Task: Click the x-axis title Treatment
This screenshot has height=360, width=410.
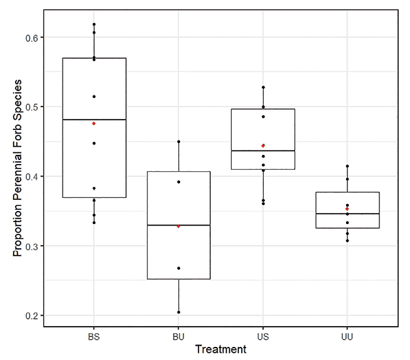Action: click(221, 350)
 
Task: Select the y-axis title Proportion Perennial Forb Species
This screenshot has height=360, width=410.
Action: click(18, 169)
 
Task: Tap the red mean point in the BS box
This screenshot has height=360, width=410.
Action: click(94, 123)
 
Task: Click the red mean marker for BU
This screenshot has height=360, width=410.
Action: click(178, 226)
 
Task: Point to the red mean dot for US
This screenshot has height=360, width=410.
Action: click(263, 146)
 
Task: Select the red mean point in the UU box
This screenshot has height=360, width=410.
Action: click(347, 209)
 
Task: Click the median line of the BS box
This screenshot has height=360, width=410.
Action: click(94, 120)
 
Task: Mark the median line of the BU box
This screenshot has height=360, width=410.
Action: click(178, 225)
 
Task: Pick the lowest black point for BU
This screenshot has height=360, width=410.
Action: click(178, 312)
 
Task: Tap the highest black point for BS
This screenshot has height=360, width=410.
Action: click(94, 25)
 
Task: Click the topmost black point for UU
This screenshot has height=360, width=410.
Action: click(347, 167)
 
